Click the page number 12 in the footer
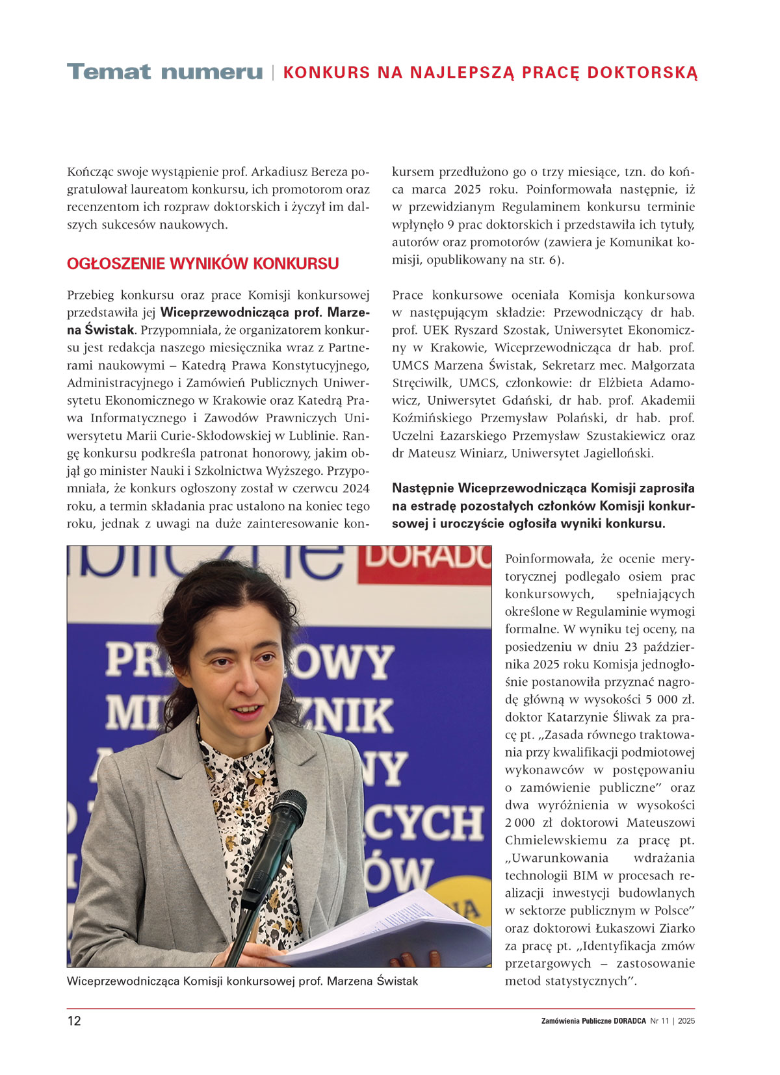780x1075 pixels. (x=74, y=1020)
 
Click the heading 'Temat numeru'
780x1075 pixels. (x=164, y=71)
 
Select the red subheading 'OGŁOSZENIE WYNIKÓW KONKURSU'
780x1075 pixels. (x=203, y=264)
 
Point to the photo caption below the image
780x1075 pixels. (x=242, y=981)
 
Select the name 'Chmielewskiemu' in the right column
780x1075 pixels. (x=554, y=841)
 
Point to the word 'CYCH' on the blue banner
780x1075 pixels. (x=429, y=824)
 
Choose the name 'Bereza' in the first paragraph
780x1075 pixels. (x=320, y=172)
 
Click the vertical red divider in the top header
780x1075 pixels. (x=273, y=73)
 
